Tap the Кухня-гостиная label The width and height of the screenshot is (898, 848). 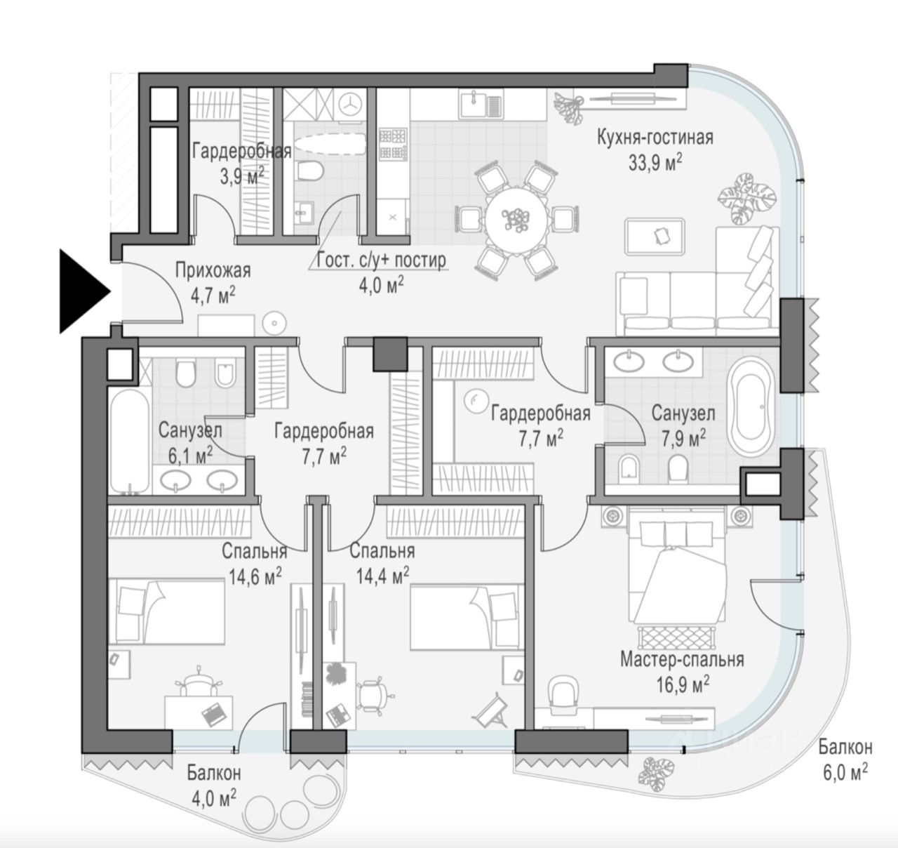[x=655, y=137]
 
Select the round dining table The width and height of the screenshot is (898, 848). [x=516, y=220]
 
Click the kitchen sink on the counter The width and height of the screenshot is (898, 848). [x=481, y=104]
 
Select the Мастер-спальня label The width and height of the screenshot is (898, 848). [x=682, y=659]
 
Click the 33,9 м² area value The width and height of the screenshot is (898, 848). [x=655, y=163]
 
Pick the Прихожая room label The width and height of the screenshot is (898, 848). [x=213, y=270]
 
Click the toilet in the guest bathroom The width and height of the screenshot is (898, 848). [x=310, y=171]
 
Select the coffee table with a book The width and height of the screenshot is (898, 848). [x=655, y=236]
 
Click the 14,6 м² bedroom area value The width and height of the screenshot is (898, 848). [x=255, y=576]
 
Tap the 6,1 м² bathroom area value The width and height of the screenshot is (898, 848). [x=190, y=457]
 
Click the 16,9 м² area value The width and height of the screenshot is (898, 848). [x=683, y=685]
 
